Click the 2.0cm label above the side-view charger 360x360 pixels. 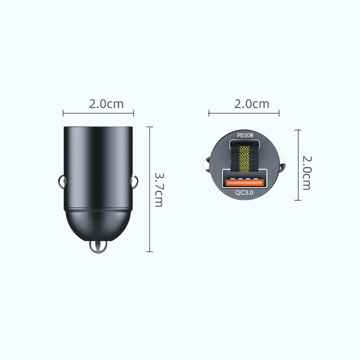(x=106, y=103)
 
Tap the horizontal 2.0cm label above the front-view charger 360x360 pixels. (x=252, y=103)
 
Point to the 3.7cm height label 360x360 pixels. (x=159, y=189)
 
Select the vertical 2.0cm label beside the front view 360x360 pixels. (x=306, y=173)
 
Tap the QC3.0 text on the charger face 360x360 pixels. (x=244, y=192)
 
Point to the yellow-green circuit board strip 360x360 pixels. (x=244, y=158)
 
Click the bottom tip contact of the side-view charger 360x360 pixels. (x=98, y=247)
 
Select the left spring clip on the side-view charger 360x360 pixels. (x=62, y=182)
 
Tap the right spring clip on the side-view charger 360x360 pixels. (x=134, y=182)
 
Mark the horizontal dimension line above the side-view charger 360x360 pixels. (x=98, y=113)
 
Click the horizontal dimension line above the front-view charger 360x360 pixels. (x=244, y=113)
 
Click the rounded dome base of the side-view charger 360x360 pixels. (x=98, y=225)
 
